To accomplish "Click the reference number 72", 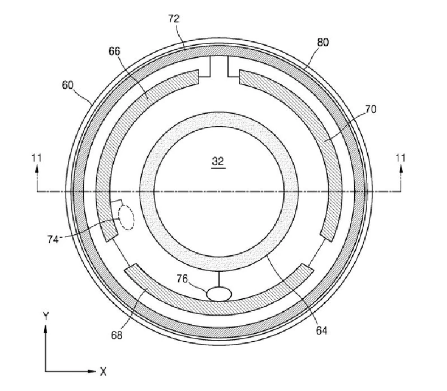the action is coord(174,19).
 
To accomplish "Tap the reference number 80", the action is coord(323,42).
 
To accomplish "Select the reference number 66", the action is coord(115,51).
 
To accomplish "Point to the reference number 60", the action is coord(68,85).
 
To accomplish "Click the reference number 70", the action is coord(370,109).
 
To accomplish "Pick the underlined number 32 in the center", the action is coord(218,162).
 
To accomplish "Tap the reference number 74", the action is coord(53,239).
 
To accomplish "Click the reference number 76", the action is coord(182,278).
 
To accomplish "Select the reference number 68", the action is coord(117,335).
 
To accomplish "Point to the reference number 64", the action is coord(321,330).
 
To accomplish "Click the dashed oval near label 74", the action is coord(126,217).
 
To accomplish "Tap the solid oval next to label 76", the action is coord(219,294).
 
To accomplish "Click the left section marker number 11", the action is coord(37,158).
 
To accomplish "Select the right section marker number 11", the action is coord(401,158).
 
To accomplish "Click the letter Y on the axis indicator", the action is coord(46,316).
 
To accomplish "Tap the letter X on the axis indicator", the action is coord(103,371).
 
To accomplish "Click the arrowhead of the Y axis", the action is coord(45,329).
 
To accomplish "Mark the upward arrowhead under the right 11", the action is coord(401,169).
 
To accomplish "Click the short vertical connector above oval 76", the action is coord(219,280).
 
